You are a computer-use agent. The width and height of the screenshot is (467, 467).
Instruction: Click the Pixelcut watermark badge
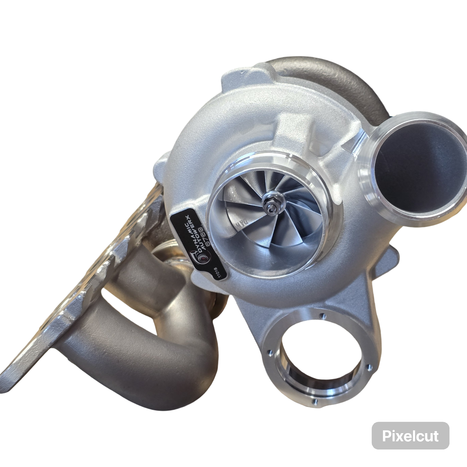(410, 436)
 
